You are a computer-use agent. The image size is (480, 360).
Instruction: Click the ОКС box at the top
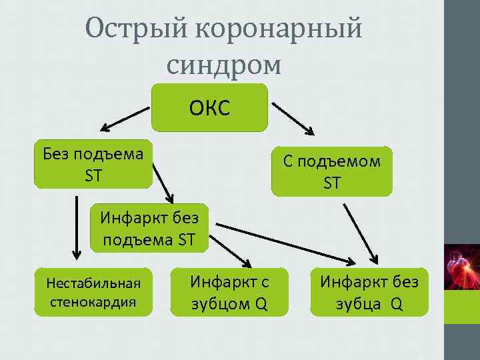coord(209,107)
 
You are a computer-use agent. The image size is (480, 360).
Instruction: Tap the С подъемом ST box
coord(332,171)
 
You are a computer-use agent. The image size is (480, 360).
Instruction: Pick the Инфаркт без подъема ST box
coord(149,227)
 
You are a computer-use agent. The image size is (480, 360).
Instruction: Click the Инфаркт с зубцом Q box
coord(229,292)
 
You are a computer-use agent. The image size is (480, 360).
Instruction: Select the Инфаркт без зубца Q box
coord(369,292)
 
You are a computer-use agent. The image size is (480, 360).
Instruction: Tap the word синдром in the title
coord(224,64)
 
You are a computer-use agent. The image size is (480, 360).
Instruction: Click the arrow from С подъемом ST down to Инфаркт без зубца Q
coord(361,233)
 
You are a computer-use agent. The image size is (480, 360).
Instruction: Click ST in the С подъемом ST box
coord(332,183)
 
